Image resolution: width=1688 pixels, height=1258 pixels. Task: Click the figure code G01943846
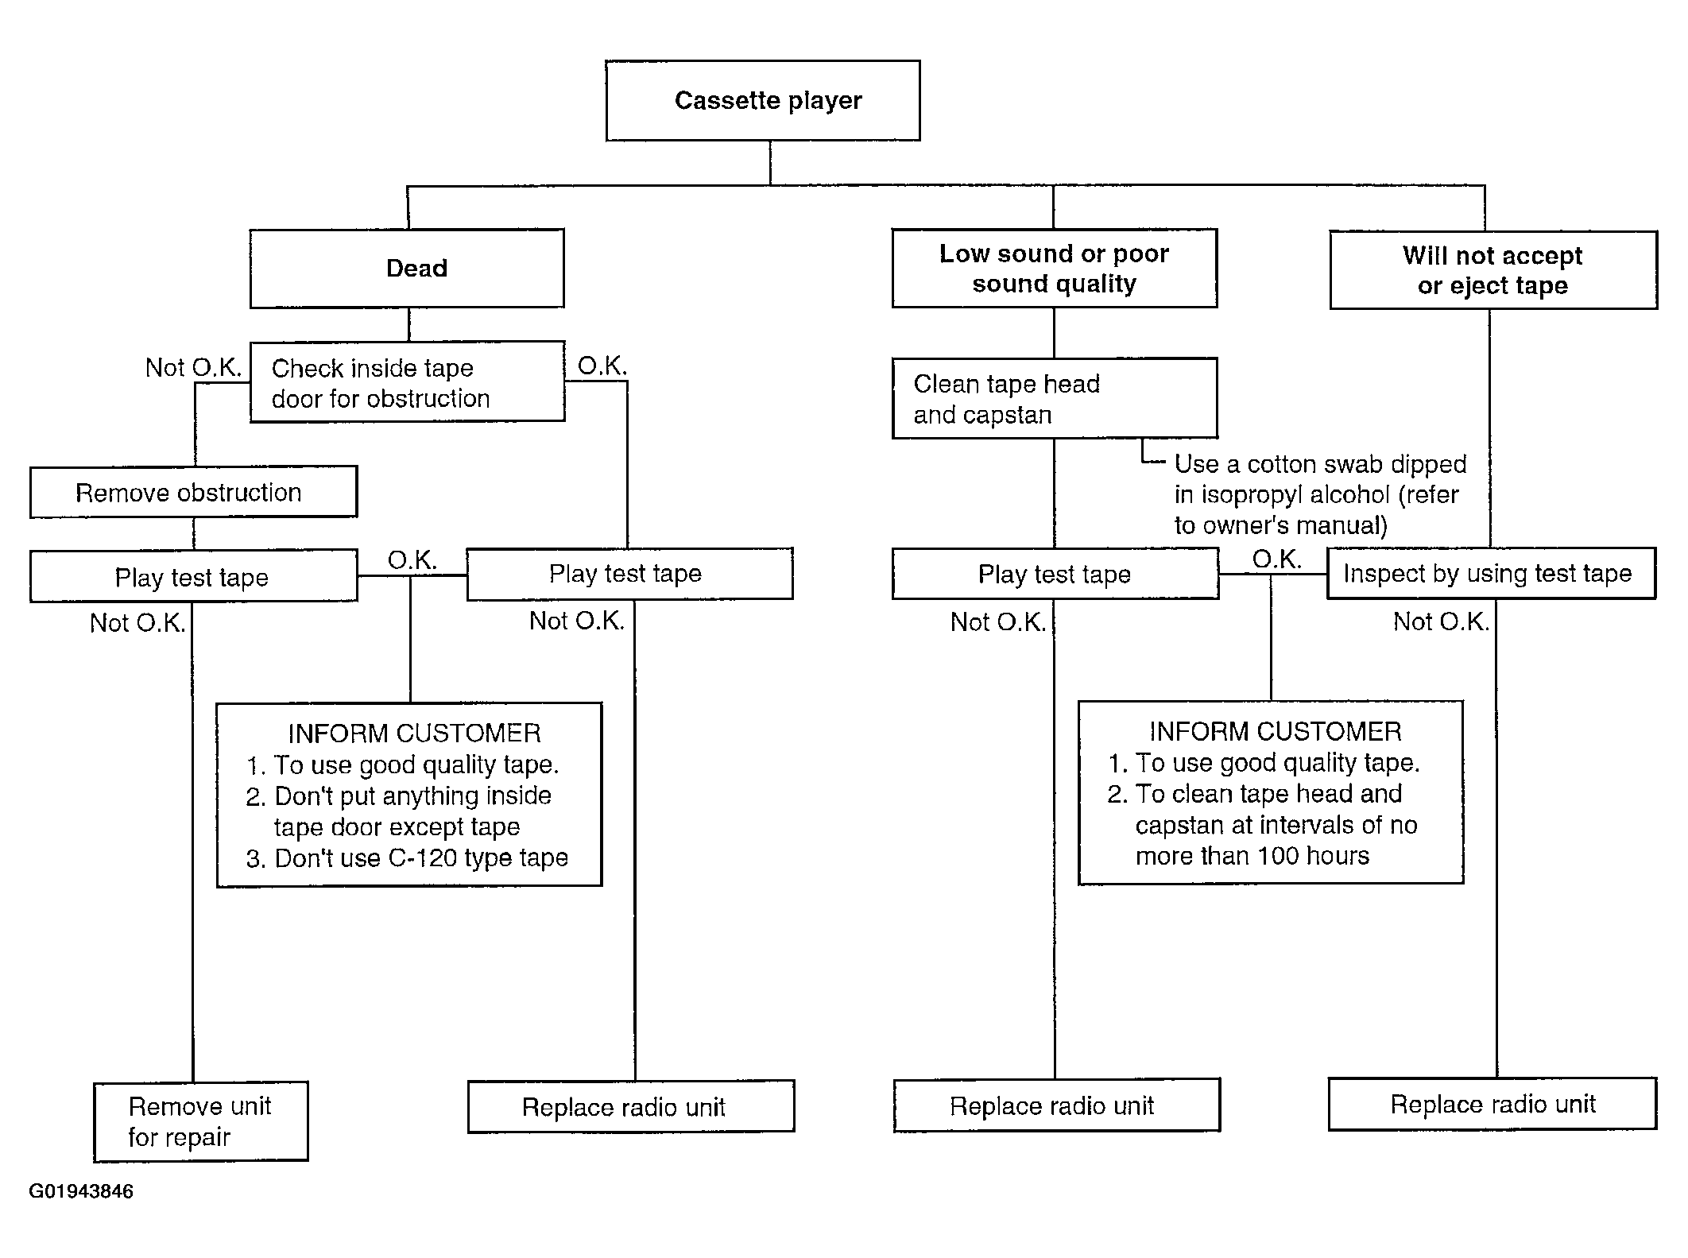[81, 1191]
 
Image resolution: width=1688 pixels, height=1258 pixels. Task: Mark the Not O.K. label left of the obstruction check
[193, 368]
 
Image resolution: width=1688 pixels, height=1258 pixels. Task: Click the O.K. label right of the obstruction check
[602, 366]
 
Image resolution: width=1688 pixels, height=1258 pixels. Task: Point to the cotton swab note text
[1320, 494]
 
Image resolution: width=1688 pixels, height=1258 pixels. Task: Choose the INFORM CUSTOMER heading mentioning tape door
[414, 733]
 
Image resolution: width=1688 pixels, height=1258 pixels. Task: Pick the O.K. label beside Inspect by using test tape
[1276, 559]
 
